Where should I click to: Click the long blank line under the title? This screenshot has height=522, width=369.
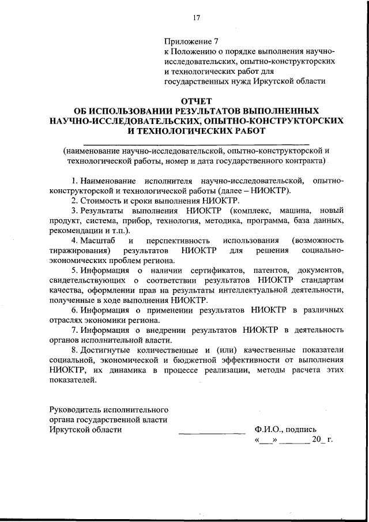(196, 143)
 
